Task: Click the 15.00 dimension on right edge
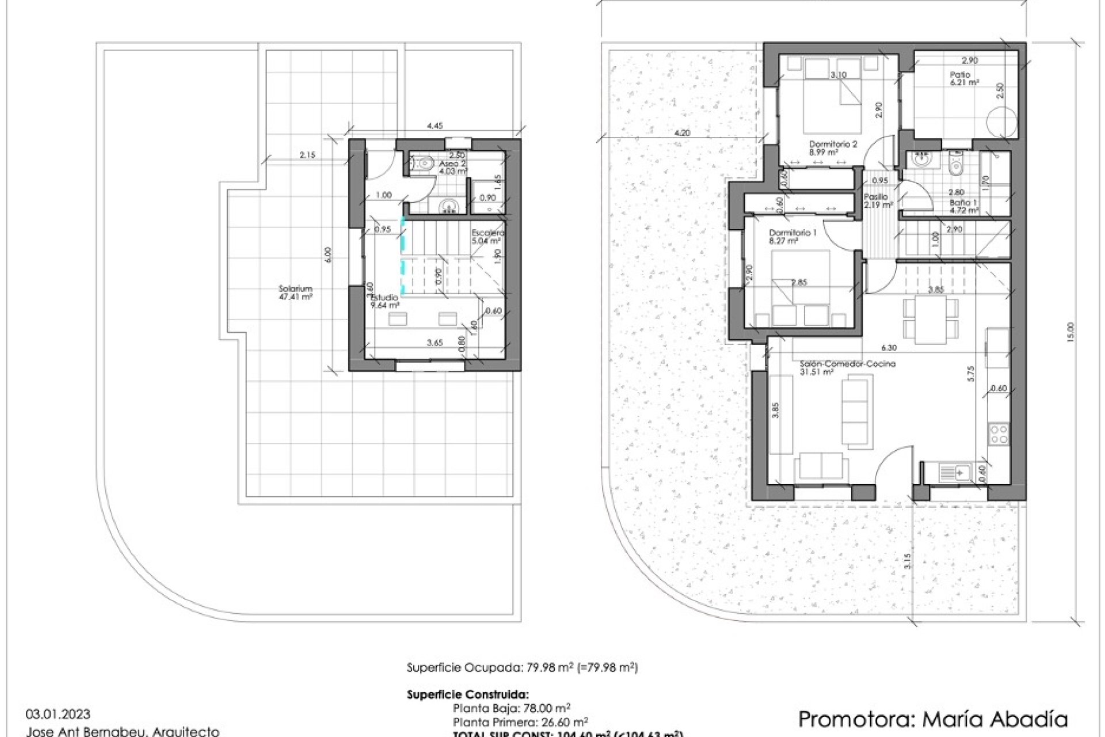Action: pos(1070,332)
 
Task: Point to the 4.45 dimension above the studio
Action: pos(435,126)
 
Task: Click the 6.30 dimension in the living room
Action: pos(889,348)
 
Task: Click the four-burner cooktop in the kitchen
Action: pos(999,434)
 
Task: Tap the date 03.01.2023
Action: pos(58,715)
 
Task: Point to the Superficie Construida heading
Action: pos(467,694)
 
